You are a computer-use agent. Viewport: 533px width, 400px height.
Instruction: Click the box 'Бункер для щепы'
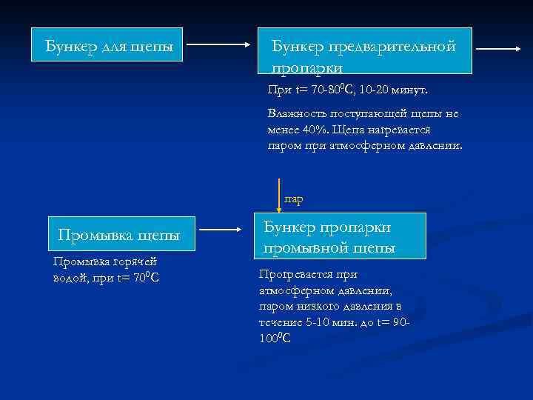109,47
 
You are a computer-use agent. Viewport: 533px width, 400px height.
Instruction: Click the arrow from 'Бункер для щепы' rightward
216,44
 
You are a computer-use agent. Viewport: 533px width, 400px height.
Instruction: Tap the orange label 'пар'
294,199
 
